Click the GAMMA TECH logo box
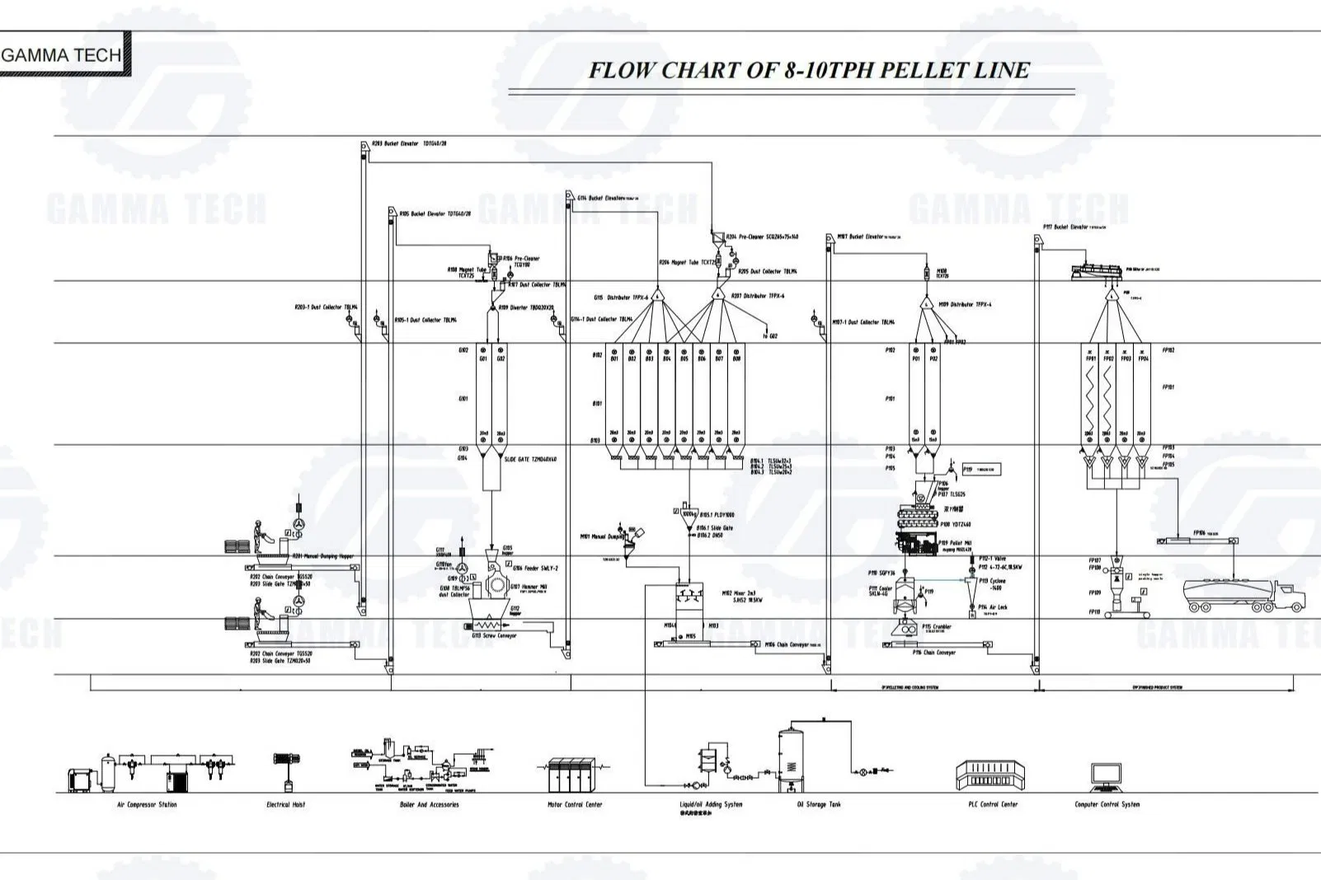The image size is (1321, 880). point(63,54)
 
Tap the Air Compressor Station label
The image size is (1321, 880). point(147,805)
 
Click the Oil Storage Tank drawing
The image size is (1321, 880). point(792,756)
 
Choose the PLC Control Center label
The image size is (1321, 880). point(993,804)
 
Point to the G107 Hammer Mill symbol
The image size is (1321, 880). point(497,584)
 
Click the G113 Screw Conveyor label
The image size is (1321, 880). point(494,636)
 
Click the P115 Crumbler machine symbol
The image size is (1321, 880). point(905,628)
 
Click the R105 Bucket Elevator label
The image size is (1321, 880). point(435,214)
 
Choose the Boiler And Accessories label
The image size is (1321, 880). point(429,805)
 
